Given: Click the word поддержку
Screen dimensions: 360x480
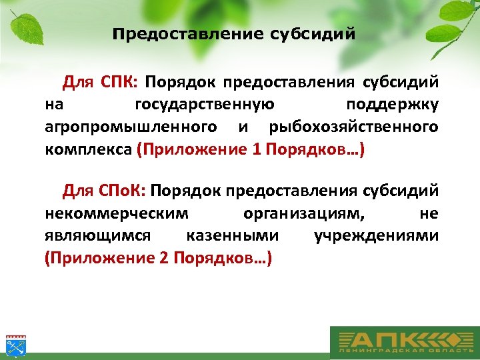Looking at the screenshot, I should pyautogui.click(x=393, y=105).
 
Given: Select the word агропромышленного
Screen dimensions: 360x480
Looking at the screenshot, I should pyautogui.click(x=131, y=127).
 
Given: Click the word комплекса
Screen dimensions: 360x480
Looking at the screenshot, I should pyautogui.click(x=88, y=149).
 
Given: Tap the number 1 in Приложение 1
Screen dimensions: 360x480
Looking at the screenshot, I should pyautogui.click(x=257, y=149).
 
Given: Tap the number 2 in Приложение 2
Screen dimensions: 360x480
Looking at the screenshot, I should pyautogui.click(x=165, y=258).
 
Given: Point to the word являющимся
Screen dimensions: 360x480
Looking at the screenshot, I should pyautogui.click(x=98, y=236).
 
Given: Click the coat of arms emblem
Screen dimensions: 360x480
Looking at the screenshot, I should pyautogui.click(x=14, y=344).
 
